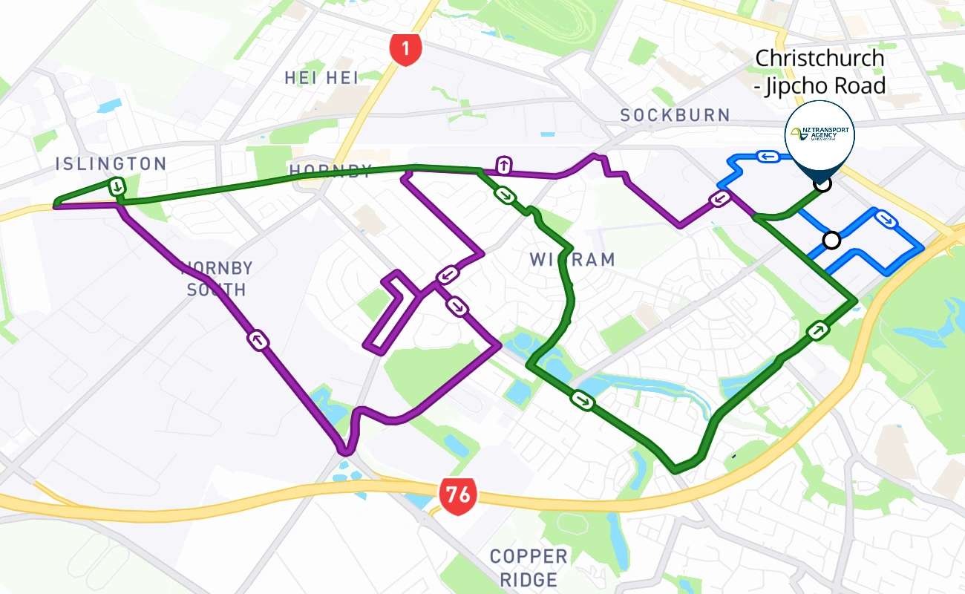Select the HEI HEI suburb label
pyautogui.click(x=321, y=77)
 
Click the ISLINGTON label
pyautogui.click(x=111, y=164)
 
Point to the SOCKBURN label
pyautogui.click(x=675, y=115)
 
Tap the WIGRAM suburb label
pyautogui.click(x=572, y=259)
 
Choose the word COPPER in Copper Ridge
pyautogui.click(x=528, y=556)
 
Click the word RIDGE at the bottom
pyautogui.click(x=528, y=579)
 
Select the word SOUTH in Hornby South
pyautogui.click(x=216, y=289)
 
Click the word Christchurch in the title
pyautogui.click(x=820, y=58)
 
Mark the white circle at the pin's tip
pyautogui.click(x=822, y=183)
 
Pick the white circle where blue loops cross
pyautogui.click(x=831, y=240)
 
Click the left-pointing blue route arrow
pyautogui.click(x=767, y=156)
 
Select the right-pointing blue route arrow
pyautogui.click(x=884, y=218)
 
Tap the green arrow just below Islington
pyautogui.click(x=117, y=186)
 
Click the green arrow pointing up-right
pyautogui.click(x=817, y=330)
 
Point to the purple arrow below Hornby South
pyautogui.click(x=258, y=341)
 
